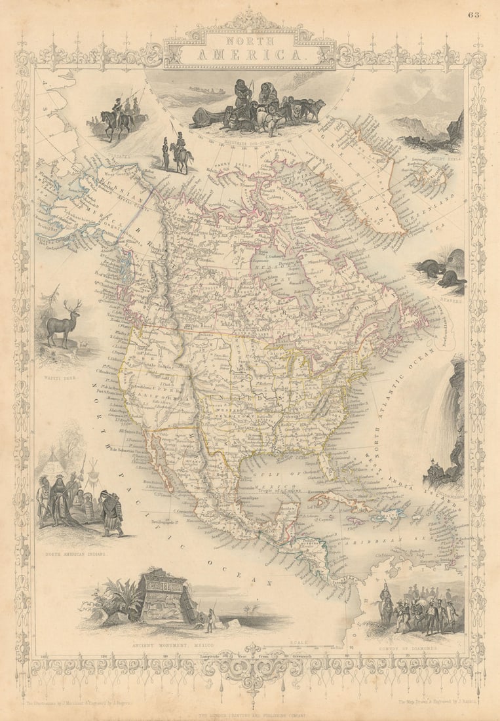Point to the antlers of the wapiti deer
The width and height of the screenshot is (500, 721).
(x=73, y=307)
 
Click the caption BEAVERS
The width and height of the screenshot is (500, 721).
(x=452, y=303)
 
